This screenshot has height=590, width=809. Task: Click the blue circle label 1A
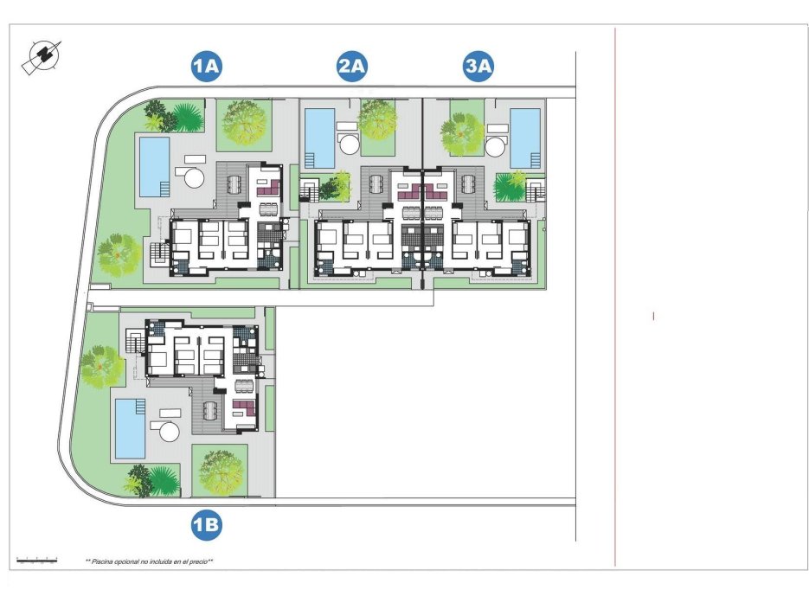coord(208,67)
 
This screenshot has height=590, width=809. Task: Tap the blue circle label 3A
coord(478,67)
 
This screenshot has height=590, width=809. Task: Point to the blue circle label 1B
coord(206,523)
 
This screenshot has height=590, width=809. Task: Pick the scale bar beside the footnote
coord(37,560)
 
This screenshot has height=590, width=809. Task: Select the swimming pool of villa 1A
coord(154,166)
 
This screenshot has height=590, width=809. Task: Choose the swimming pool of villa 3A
coord(525,138)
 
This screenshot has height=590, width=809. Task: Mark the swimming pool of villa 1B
coord(130,428)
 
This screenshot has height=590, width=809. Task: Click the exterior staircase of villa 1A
coord(158,253)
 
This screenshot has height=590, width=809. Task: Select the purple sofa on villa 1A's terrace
coord(267,185)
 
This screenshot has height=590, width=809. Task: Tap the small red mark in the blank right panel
coord(653,317)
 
